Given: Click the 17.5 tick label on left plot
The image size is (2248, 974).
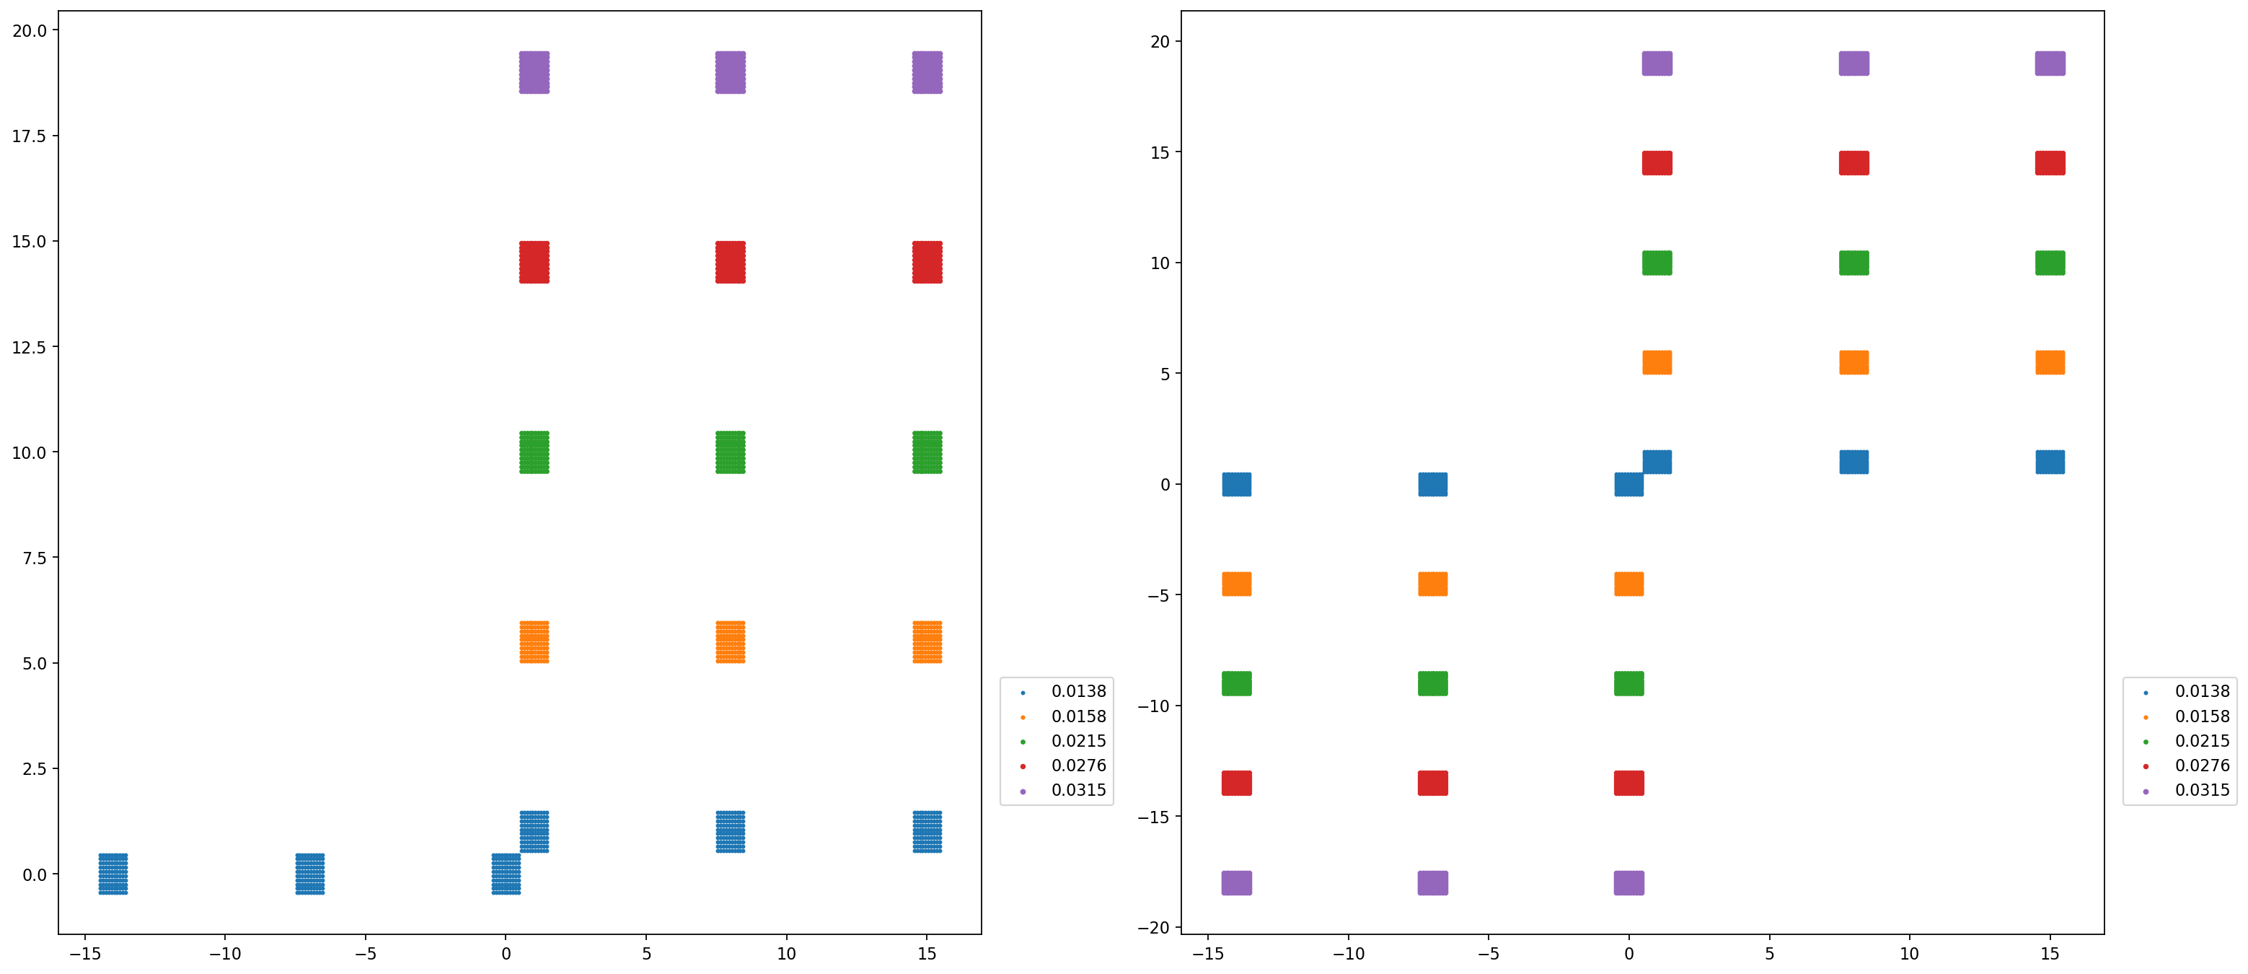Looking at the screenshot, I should click(x=29, y=136).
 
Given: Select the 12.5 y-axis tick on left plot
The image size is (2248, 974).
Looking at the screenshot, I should click(x=29, y=347).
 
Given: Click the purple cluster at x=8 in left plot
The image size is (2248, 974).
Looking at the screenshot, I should click(x=731, y=72).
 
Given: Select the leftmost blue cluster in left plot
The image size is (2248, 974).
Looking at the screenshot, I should click(x=113, y=874).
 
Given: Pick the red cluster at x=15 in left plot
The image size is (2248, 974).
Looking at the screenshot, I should click(x=927, y=262).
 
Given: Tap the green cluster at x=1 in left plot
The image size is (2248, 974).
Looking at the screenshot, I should click(x=534, y=452).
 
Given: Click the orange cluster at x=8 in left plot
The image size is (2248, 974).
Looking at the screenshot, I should click(x=731, y=642).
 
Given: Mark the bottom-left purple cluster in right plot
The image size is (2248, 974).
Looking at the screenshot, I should click(x=1237, y=882).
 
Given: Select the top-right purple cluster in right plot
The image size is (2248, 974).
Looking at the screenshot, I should click(x=2050, y=63).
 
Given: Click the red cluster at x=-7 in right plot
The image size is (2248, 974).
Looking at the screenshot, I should click(x=1433, y=783).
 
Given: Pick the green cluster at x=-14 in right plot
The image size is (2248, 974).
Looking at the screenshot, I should click(x=1237, y=683).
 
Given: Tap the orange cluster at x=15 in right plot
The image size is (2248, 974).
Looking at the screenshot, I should click(x=2050, y=362).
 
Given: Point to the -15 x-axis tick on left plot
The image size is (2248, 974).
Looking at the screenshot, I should click(x=84, y=954).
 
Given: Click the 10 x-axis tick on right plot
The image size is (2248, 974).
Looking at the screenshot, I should click(x=1910, y=954).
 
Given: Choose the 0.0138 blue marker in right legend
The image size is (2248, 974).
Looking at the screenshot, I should click(x=2146, y=692).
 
